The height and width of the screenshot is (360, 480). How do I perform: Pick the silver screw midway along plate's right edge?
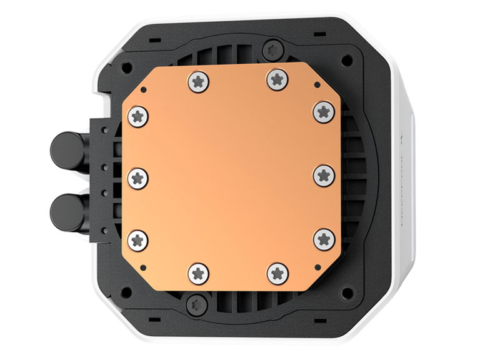[x=322, y=175]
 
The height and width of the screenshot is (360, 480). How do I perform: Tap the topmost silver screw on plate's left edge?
[x=138, y=115]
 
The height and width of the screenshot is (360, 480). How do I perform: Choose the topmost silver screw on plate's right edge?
[x=322, y=111]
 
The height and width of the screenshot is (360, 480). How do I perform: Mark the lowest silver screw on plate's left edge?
[x=137, y=238]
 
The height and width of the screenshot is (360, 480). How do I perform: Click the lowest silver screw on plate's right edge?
[x=322, y=237]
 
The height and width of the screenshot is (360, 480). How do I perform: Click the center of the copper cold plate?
[x=230, y=176]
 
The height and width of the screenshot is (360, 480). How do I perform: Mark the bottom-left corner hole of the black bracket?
[x=127, y=291]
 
